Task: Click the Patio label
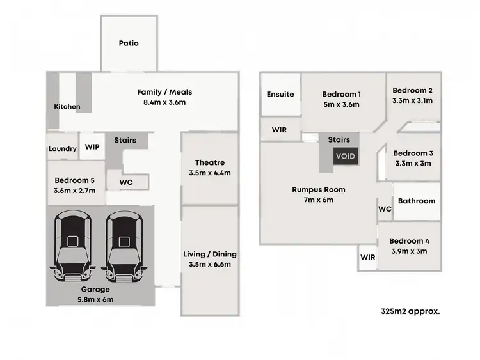tap(129, 43)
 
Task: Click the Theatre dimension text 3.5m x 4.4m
tap(211, 173)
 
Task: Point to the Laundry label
tap(63, 149)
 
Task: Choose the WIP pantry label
tap(92, 146)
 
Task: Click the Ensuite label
tap(280, 94)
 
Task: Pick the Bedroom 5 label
tap(76, 180)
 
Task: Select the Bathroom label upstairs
tap(417, 201)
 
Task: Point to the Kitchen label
tap(67, 107)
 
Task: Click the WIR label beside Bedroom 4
tap(367, 257)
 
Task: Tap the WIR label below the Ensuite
tap(279, 130)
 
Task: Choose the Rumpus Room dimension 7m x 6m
tap(319, 200)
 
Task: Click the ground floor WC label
tap(126, 182)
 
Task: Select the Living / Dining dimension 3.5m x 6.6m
tap(211, 264)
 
